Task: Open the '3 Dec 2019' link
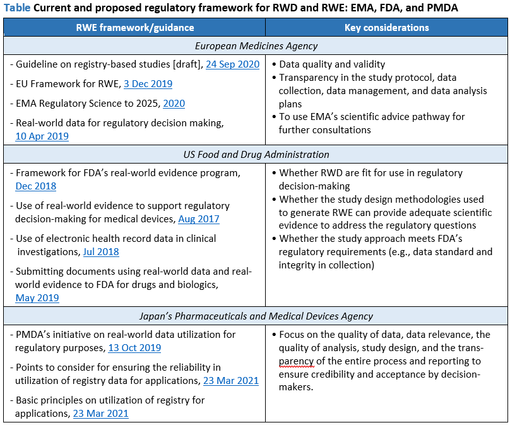[148, 84]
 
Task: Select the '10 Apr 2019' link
[42, 136]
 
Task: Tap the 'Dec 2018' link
[36, 186]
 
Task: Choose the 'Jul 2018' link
[101, 251]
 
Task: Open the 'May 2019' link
[37, 297]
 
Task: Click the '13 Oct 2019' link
[134, 348]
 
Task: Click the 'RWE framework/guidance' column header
[135, 28]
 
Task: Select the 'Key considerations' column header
[386, 28]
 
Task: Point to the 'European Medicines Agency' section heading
[256, 46]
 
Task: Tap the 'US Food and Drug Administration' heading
[256, 155]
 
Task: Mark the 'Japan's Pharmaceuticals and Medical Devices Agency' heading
[256, 316]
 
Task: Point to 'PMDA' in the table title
[441, 8]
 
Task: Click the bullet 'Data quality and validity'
[332, 64]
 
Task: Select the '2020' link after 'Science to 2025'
[174, 104]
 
